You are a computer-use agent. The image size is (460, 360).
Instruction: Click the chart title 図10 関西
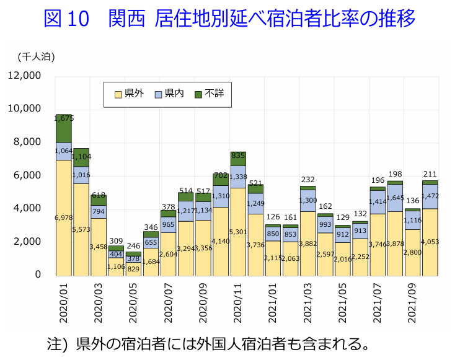pyautogui.click(x=229, y=18)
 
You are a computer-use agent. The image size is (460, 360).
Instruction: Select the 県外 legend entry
pyautogui.click(x=130, y=94)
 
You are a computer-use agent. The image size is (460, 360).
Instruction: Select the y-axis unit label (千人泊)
pyautogui.click(x=36, y=56)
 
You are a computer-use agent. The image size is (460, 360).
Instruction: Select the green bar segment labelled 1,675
pyautogui.click(x=64, y=129)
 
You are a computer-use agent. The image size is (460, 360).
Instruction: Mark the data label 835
pyautogui.click(x=238, y=155)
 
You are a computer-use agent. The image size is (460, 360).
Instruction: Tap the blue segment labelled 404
pyautogui.click(x=116, y=253)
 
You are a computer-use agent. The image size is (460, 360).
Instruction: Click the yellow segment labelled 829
pyautogui.click(x=133, y=268)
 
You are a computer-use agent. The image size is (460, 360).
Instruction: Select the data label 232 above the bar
pyautogui.click(x=307, y=179)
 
